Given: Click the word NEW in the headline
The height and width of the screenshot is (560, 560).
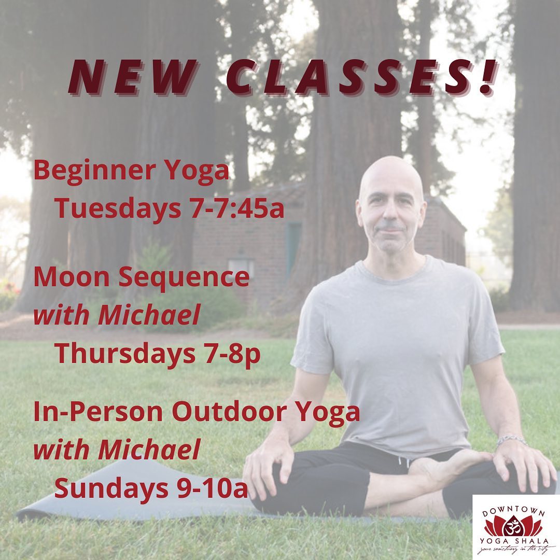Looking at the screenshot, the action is coord(133,77).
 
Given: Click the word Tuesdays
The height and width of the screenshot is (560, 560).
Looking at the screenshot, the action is coord(118,209).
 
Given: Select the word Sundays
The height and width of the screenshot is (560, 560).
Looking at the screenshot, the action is coord(111,489).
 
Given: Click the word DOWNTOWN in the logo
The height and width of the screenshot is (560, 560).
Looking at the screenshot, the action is coord(513,512).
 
